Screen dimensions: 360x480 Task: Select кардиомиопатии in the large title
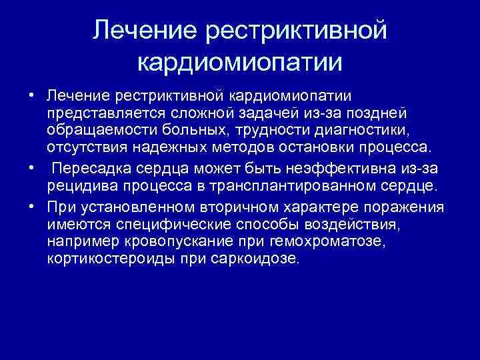coord(240,63)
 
